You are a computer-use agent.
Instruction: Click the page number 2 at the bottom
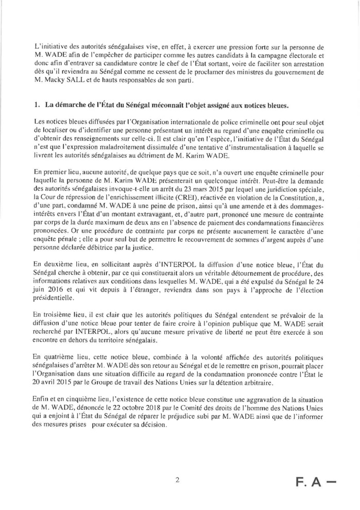click(177, 480)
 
